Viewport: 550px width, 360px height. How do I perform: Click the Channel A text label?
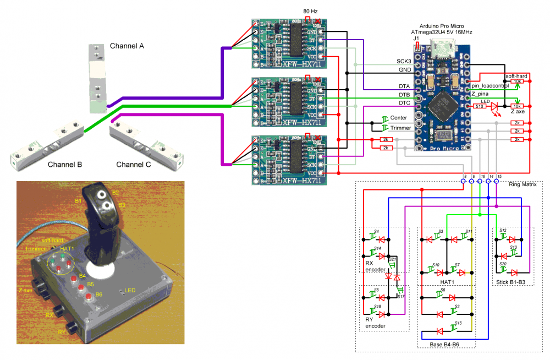[x=127, y=46]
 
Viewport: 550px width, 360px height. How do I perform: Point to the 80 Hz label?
[x=310, y=11]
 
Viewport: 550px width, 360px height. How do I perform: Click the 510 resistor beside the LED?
[x=480, y=106]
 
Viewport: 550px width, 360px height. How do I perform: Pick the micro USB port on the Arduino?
[x=442, y=50]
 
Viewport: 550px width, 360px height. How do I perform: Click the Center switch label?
[x=398, y=118]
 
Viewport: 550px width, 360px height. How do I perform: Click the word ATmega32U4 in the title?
[x=429, y=32]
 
